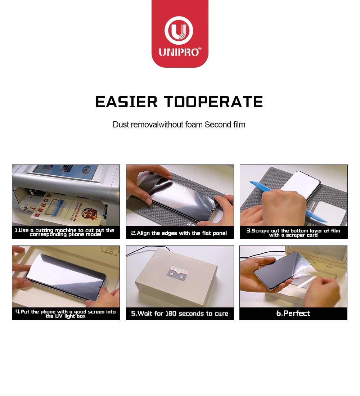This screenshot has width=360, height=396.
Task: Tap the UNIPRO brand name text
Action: pos(179,52)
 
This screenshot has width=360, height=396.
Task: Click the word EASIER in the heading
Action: pos(127,102)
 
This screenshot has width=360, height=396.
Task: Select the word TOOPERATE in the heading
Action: pos(214,102)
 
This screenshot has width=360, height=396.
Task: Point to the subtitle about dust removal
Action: pos(179,125)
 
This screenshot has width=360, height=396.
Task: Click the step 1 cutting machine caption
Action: pos(66,232)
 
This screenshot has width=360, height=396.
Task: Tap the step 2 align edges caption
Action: pos(179,233)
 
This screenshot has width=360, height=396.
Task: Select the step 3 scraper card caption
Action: pos(293,233)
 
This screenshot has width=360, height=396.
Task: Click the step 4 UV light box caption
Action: pos(66,314)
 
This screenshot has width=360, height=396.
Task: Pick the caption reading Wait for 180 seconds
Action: pos(180,314)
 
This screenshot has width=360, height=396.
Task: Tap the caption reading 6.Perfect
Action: pos(293,313)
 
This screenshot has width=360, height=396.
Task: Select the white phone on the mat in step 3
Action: pos(305,184)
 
